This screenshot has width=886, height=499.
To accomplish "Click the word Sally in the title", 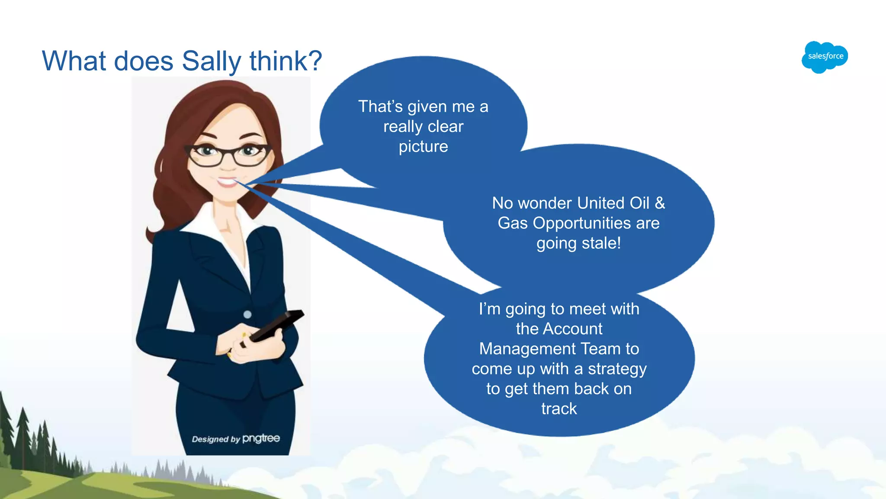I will click(211, 61).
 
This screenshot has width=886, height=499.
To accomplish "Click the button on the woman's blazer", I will click(247, 314).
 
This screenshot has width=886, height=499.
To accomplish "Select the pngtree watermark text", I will click(261, 438).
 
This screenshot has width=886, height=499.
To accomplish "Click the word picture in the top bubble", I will click(423, 147).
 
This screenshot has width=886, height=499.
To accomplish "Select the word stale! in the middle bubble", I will click(600, 243).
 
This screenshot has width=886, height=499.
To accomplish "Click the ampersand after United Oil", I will click(659, 203).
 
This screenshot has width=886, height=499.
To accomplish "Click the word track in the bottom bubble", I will click(559, 408).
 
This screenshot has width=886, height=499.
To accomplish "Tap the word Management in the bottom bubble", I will click(527, 349).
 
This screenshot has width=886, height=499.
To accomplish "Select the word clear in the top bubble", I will click(445, 126).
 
